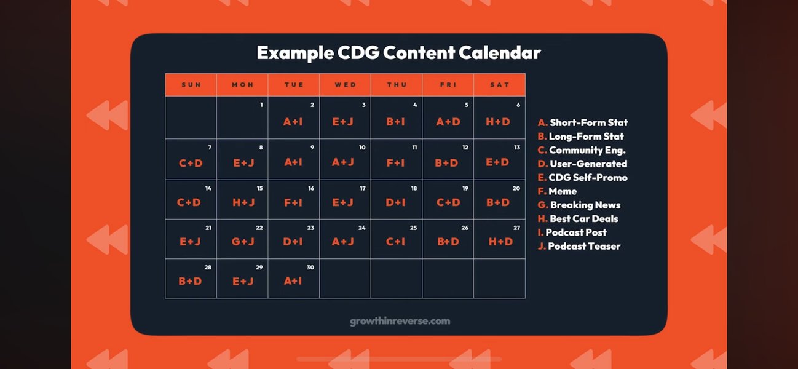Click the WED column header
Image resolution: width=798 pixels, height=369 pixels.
click(346, 85)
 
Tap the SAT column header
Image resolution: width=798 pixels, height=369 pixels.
click(500, 85)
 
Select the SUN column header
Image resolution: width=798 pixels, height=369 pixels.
click(191, 85)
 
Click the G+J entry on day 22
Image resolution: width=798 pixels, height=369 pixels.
click(243, 242)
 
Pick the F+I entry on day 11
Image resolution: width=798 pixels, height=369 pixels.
click(395, 163)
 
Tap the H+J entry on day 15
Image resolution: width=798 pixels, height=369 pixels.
click(243, 202)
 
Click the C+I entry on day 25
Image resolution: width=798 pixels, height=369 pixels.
click(395, 242)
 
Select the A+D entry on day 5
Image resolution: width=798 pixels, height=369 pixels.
click(448, 122)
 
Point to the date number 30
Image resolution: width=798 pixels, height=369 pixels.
click(310, 268)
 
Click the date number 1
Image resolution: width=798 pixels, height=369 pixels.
click(261, 105)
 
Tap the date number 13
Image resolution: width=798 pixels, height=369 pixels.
click(517, 147)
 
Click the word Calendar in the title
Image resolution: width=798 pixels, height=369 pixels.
click(500, 53)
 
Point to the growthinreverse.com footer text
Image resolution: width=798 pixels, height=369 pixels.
click(400, 321)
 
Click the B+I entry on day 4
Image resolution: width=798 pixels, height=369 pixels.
click(395, 122)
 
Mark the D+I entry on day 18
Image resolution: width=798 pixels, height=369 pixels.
click(395, 202)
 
